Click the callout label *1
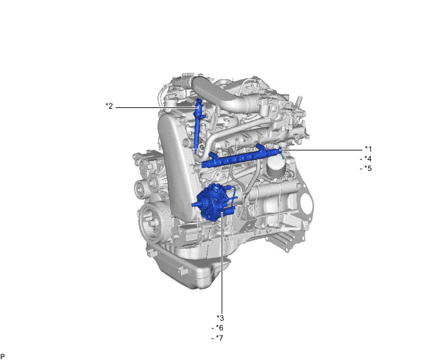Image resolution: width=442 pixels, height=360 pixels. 368,148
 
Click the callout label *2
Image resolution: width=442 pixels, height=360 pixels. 109,106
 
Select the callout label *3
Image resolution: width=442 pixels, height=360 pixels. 220,318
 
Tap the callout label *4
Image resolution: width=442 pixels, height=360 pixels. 366,159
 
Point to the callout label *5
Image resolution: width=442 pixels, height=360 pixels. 366,168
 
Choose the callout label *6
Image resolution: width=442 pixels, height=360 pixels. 217,328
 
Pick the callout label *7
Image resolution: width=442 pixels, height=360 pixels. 217,337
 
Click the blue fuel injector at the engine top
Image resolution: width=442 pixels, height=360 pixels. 198,124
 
